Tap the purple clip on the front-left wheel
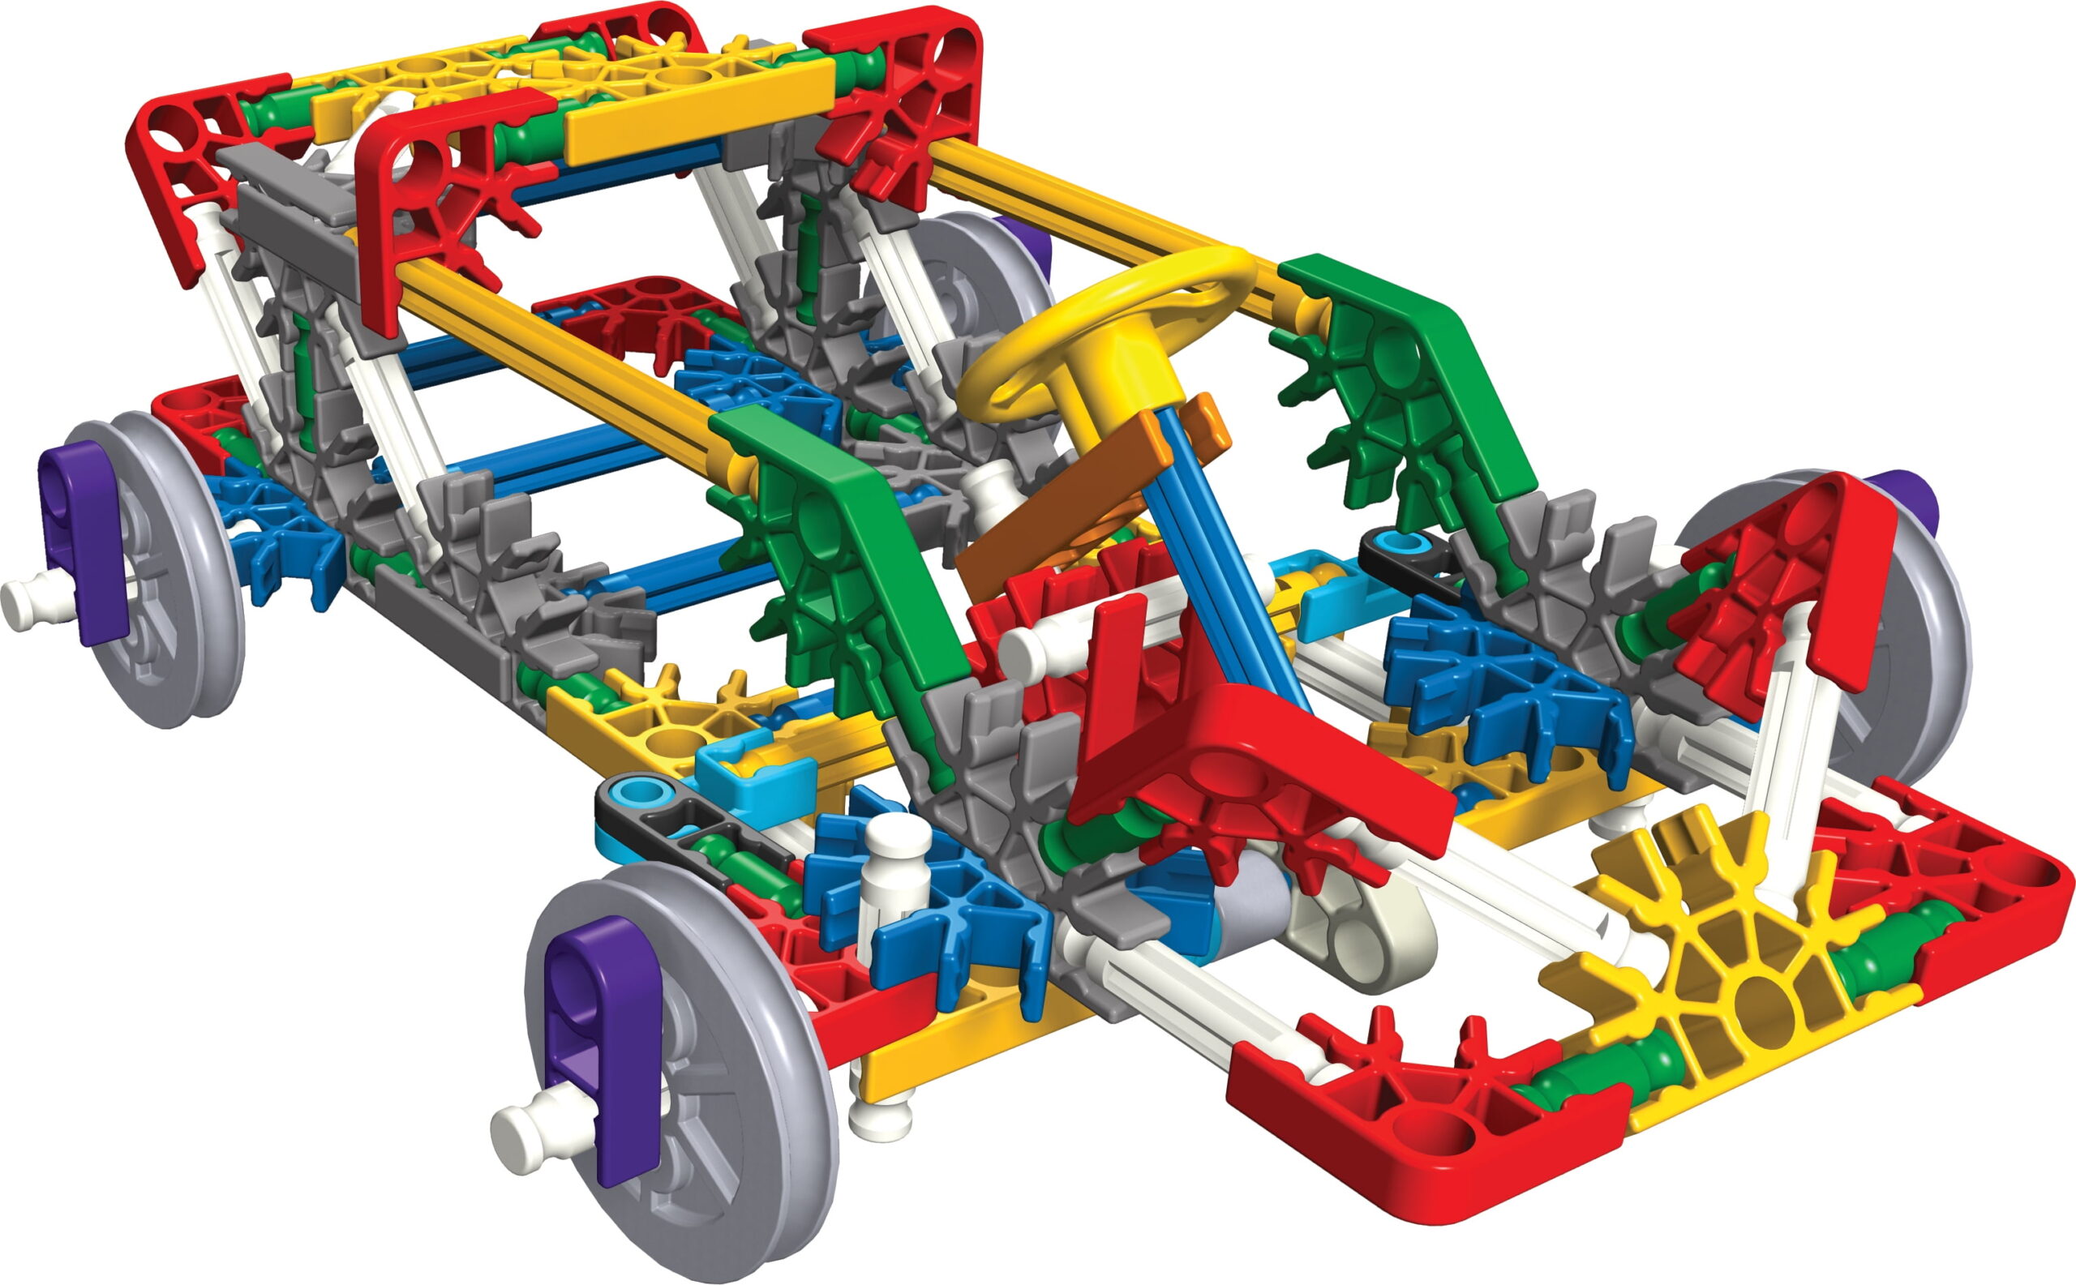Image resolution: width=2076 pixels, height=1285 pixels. [602, 1045]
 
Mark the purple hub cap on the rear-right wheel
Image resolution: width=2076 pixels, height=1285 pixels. [1913, 501]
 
